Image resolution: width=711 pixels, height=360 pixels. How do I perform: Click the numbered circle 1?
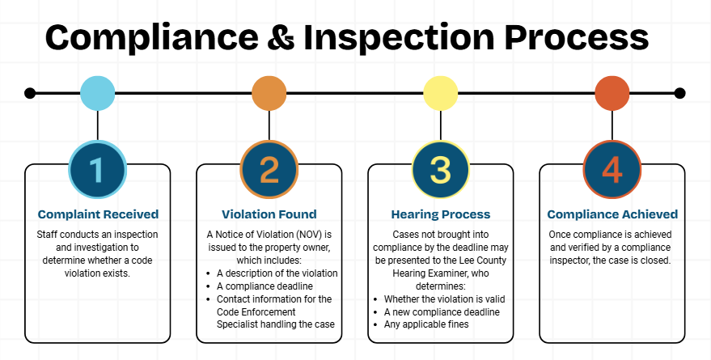pos(97,171)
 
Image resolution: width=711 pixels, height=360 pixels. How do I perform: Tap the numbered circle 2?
pos(269,171)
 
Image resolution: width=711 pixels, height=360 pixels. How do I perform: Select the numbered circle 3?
pos(441,171)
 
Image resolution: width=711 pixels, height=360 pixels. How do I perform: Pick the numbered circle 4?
pos(612,171)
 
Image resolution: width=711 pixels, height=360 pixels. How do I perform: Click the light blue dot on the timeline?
pos(97,93)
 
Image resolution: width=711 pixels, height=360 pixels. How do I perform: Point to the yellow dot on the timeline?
pos(441,93)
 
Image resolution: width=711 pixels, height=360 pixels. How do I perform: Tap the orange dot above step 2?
pos(269,93)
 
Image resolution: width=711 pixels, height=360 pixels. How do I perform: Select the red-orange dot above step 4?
pos(612,93)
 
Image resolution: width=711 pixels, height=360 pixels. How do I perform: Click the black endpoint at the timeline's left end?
pos(30,93)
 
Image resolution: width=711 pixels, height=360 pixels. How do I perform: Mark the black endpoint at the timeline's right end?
pos(679,93)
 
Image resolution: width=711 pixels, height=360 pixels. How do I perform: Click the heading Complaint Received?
pos(98,214)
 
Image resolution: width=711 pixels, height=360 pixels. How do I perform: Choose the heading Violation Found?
pos(269,214)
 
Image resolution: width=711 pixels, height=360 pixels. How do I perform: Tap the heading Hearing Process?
pos(441,214)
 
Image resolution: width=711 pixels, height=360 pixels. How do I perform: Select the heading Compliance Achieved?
pos(612,214)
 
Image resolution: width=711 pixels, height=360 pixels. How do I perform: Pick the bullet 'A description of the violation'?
pos(277,273)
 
